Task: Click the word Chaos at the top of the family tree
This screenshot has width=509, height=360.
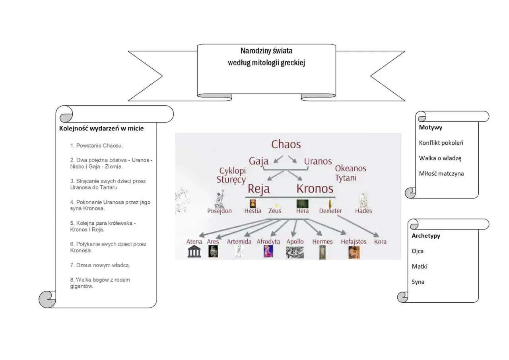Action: pos(286,144)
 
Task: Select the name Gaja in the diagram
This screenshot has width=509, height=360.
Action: pos(258,161)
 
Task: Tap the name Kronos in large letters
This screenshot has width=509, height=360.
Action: pos(315,189)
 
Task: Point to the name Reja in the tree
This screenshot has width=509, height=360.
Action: pos(258,189)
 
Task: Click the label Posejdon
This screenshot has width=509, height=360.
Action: pos(219,211)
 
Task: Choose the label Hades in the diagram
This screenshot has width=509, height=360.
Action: pos(363,211)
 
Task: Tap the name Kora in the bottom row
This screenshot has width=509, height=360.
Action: pos(380,241)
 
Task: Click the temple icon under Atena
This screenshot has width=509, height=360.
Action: pos(194,251)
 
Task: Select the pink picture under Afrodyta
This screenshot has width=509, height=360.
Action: pos(268,251)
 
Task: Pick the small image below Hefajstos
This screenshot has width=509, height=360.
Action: pos(354,253)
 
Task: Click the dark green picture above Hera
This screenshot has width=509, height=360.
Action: pos(303,204)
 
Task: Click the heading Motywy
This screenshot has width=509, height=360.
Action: pos(430,128)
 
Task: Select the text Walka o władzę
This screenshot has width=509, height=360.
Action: pos(440,158)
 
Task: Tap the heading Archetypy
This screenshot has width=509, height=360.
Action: pos(426,235)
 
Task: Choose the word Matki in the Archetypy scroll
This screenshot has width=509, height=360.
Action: pos(420,267)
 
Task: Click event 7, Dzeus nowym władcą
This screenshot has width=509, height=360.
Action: pos(100,265)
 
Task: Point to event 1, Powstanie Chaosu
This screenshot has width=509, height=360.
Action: pos(96,146)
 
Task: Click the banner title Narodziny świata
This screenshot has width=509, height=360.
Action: pos(266,51)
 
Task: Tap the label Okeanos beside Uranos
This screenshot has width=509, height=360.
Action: pos(351,168)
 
